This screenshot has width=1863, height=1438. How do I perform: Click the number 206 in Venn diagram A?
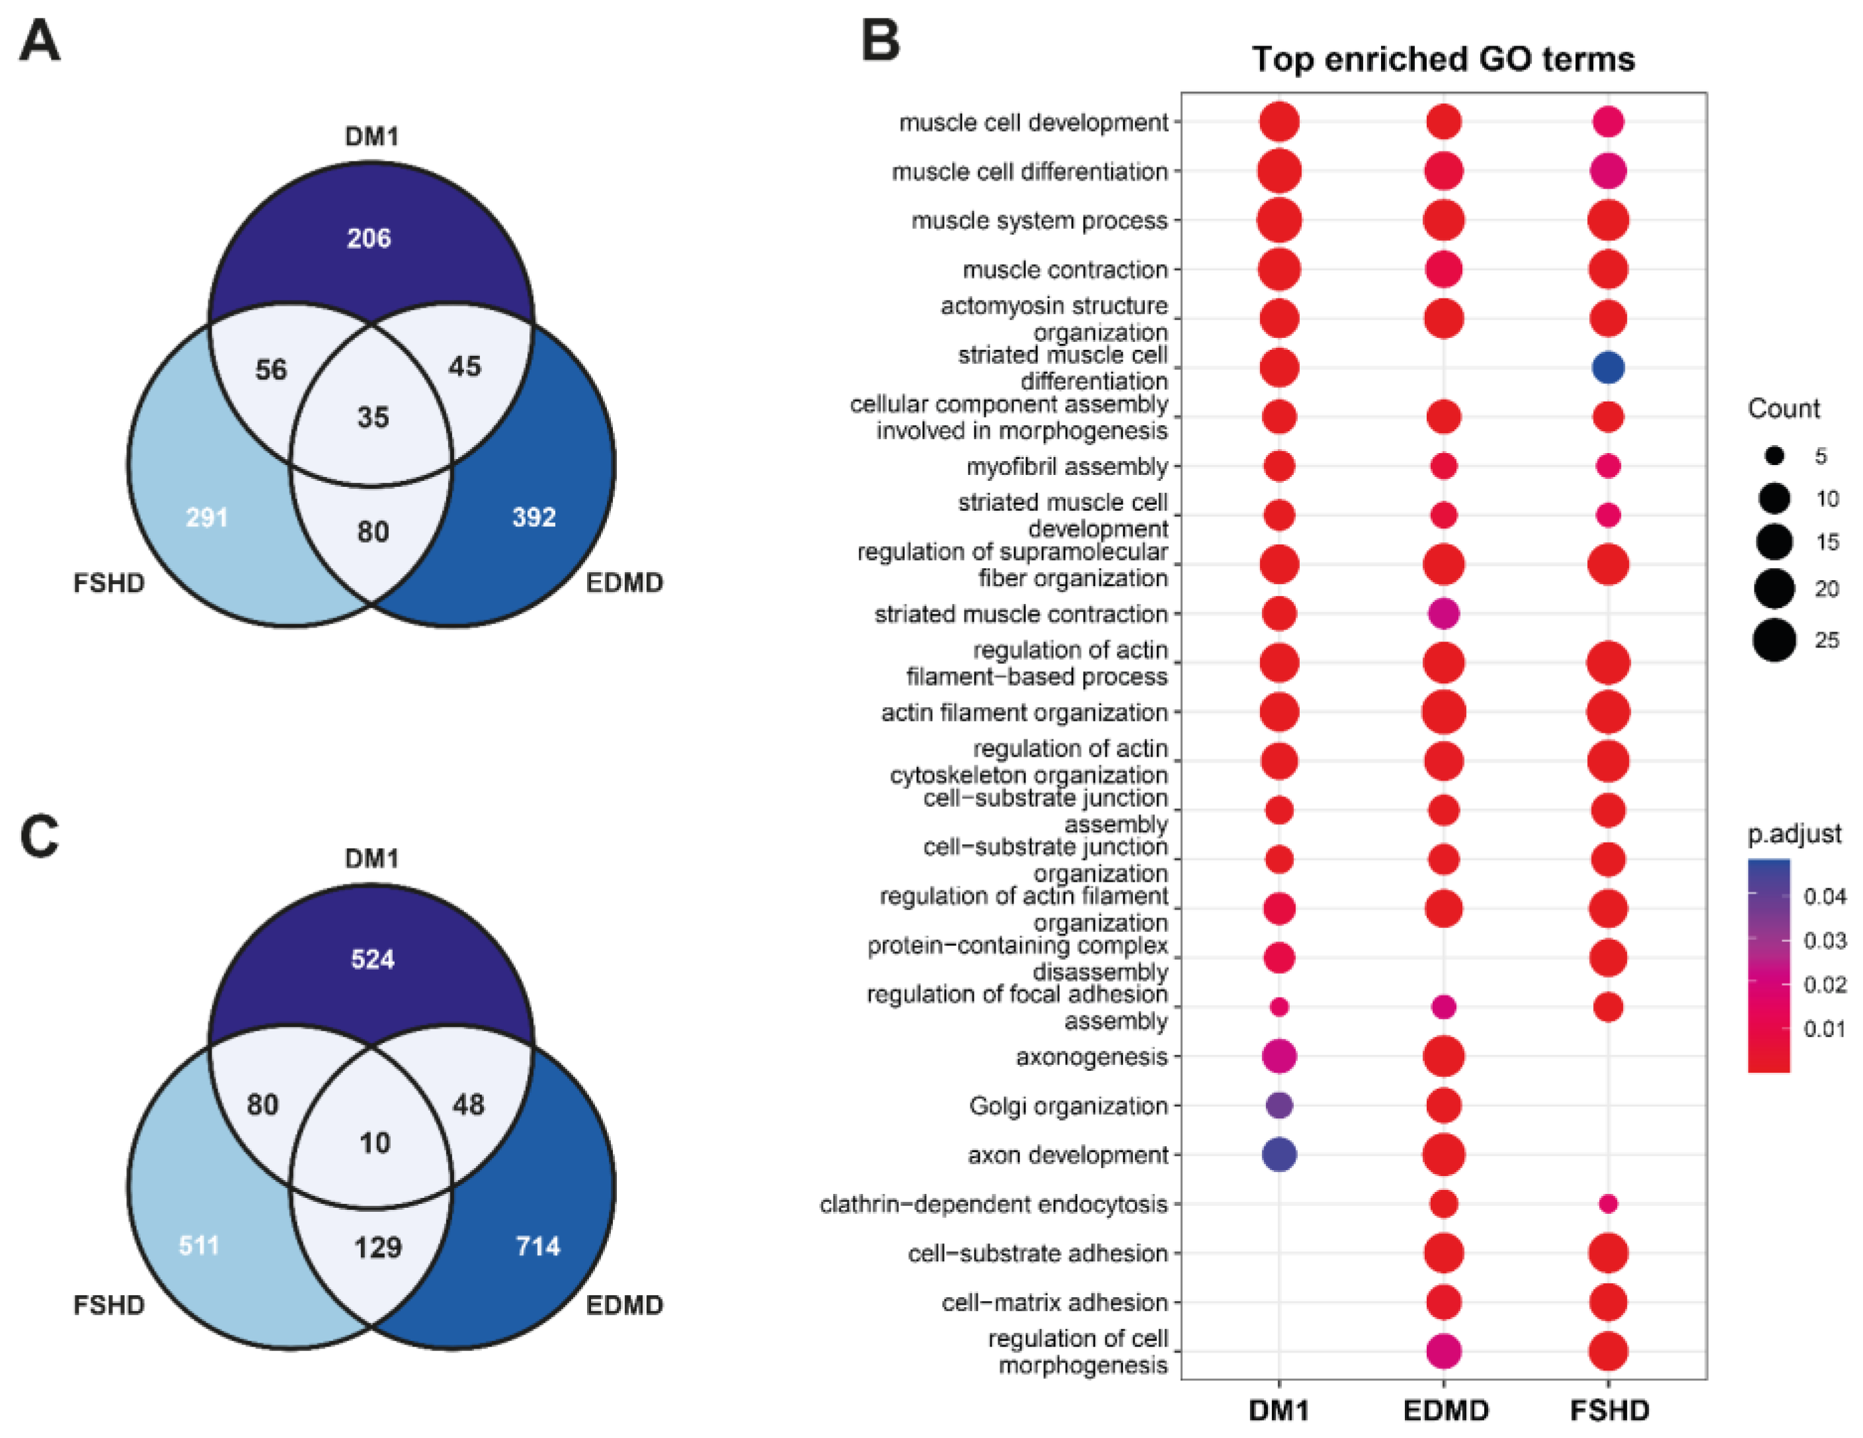pyautogui.click(x=368, y=238)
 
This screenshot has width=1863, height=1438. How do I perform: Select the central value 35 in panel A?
pyautogui.click(x=373, y=417)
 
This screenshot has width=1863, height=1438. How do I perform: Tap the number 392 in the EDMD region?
pyautogui.click(x=534, y=517)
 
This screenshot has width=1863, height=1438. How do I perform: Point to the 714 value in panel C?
pyautogui.click(x=537, y=1246)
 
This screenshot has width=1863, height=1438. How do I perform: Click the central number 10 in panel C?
pyautogui.click(x=374, y=1143)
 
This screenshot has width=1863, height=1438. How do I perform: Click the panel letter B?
pyautogui.click(x=881, y=40)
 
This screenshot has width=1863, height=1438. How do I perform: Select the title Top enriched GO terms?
pyautogui.click(x=1443, y=60)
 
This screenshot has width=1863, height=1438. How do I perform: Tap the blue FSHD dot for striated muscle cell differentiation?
pyautogui.click(x=1608, y=368)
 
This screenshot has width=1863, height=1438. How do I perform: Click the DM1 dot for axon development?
pyautogui.click(x=1279, y=1155)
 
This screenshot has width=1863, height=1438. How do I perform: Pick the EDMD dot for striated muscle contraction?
pyautogui.click(x=1443, y=614)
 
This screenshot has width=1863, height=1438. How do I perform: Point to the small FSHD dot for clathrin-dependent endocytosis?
pyautogui.click(x=1608, y=1203)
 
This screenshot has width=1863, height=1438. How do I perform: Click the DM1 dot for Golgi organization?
pyautogui.click(x=1279, y=1105)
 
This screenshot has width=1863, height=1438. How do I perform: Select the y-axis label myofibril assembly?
pyautogui.click(x=1066, y=467)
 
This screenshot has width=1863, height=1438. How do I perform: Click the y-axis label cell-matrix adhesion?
pyautogui.click(x=1054, y=1302)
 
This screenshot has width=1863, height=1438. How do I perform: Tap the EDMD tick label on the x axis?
pyautogui.click(x=1445, y=1411)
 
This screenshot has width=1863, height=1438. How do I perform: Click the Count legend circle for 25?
pyautogui.click(x=1774, y=640)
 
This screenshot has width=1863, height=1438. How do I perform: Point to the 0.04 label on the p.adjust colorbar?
pyautogui.click(x=1825, y=896)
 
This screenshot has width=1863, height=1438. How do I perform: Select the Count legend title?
pyautogui.click(x=1783, y=409)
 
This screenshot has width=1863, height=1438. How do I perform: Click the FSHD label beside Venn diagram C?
pyautogui.click(x=108, y=1305)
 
